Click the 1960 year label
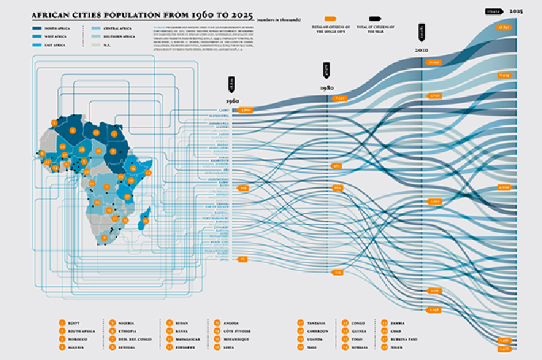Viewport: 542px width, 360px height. pyautogui.click(x=232, y=102)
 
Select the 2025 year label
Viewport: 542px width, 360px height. pyautogui.click(x=516, y=11)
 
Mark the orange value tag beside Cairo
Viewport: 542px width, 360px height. pyautogui.click(x=246, y=110)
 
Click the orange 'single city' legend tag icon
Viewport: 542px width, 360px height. pyautogui.click(x=331, y=20)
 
